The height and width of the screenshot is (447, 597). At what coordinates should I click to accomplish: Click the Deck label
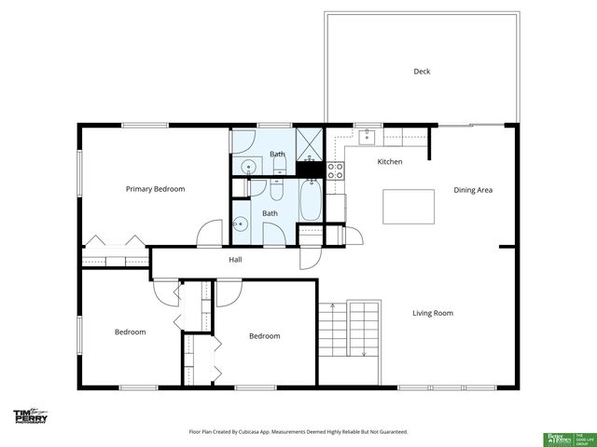pyautogui.click(x=422, y=72)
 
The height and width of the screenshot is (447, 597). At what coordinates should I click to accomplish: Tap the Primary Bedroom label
pyautogui.click(x=155, y=189)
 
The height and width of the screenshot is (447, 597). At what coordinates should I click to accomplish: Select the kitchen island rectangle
pyautogui.click(x=409, y=205)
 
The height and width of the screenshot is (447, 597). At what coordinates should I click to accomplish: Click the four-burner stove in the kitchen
pyautogui.click(x=336, y=170)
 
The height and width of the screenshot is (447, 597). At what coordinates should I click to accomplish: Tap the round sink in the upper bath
pyautogui.click(x=248, y=167)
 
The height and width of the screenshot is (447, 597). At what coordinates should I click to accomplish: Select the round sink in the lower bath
pyautogui.click(x=241, y=223)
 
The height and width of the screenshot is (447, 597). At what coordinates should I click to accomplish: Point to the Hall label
pyautogui.click(x=236, y=259)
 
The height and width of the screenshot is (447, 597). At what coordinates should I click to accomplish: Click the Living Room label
pyautogui.click(x=432, y=313)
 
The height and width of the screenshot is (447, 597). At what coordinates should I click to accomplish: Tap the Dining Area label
pyautogui.click(x=472, y=190)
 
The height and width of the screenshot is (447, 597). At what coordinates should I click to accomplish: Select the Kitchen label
pyautogui.click(x=389, y=162)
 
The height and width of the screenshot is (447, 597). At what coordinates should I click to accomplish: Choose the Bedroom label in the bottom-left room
pyautogui.click(x=130, y=332)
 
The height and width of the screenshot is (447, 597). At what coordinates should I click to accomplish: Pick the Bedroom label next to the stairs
pyautogui.click(x=264, y=336)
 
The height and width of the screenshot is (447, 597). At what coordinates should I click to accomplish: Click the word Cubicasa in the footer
pyautogui.click(x=263, y=432)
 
